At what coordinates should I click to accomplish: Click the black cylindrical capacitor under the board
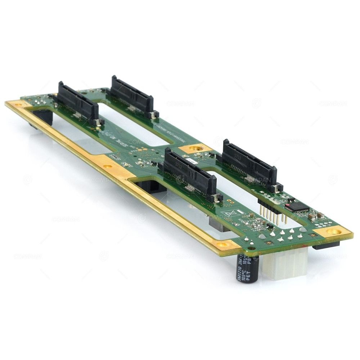247,268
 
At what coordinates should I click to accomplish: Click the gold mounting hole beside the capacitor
222,245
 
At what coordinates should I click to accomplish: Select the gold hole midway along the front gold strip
107,167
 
